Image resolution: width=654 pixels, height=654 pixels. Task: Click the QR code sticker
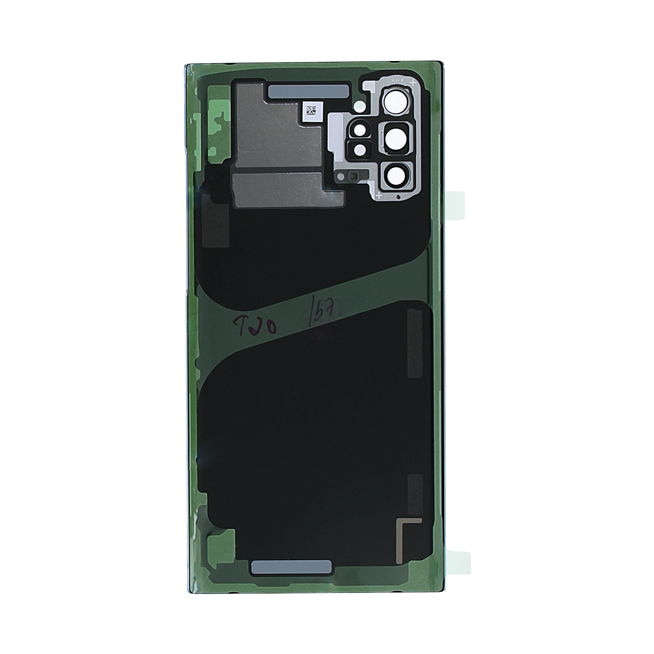pos(312,111)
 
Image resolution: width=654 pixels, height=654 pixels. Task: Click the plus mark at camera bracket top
pos(413,83)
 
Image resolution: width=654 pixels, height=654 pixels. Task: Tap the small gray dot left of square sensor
pos(341,176)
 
